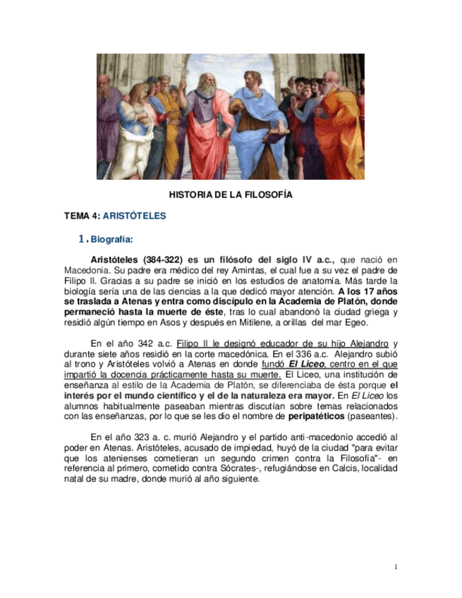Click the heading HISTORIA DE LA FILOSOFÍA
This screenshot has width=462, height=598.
[x=231, y=194]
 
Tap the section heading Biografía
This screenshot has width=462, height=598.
[x=111, y=239]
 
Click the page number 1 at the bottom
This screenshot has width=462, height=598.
[x=396, y=567]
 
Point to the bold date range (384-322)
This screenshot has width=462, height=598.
[x=164, y=260]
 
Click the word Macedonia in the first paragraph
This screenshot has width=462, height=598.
[x=85, y=270]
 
